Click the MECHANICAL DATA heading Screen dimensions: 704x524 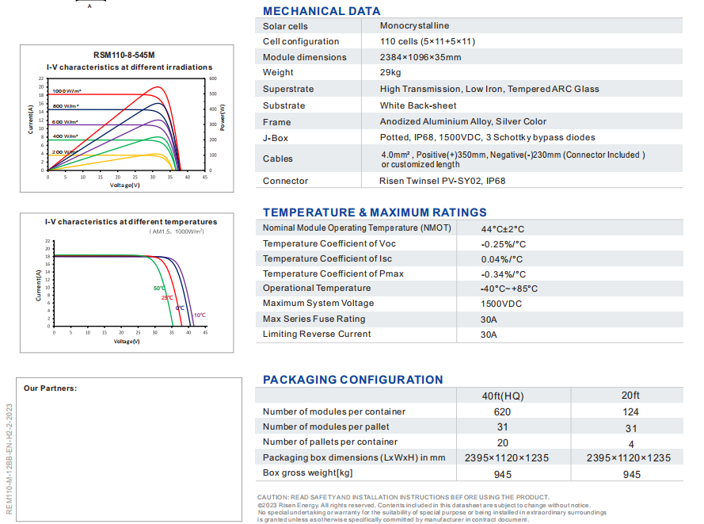[x=322, y=11]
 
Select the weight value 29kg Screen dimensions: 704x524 [x=390, y=72]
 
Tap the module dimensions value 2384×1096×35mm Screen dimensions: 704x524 [x=420, y=57]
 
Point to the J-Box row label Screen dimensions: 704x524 [x=276, y=138]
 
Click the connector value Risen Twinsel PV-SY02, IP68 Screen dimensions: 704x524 [x=442, y=181]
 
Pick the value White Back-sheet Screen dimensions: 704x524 [x=418, y=105]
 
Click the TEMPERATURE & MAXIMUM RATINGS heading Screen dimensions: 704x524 [x=375, y=212]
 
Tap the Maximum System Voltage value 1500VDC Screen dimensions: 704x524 [x=501, y=304]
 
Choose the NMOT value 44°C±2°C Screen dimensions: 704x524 [x=502, y=229]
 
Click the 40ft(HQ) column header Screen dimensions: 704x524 [x=503, y=396]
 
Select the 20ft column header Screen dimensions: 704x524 [x=630, y=395]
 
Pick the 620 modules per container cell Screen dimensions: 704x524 [x=502, y=412]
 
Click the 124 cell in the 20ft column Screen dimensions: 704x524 [x=630, y=412]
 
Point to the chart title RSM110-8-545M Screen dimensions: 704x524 [x=124, y=55]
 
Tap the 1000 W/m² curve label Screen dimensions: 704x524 [x=67, y=91]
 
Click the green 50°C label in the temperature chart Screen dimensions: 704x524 [x=159, y=288]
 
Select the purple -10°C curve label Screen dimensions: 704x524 [x=200, y=315]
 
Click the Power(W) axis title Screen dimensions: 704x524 [x=223, y=118]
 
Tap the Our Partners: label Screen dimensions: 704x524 [x=51, y=388]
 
